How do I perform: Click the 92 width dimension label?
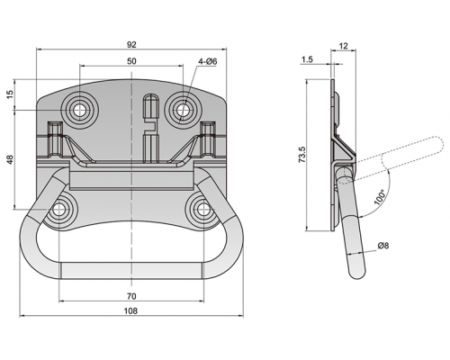[x=131, y=45]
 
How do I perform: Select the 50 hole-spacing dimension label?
[x=131, y=61]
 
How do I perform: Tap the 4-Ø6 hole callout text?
[x=208, y=62]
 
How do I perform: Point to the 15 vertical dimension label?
[x=10, y=94]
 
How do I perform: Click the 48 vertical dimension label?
[x=10, y=159]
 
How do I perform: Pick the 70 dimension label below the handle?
[x=131, y=296]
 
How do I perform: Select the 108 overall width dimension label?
[x=131, y=310]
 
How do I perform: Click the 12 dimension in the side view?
[x=344, y=46]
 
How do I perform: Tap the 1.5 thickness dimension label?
[x=307, y=59]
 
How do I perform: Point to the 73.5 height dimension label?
[x=302, y=155]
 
